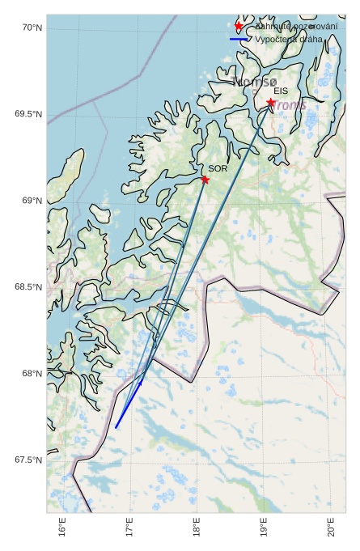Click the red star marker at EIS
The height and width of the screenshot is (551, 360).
[271, 103]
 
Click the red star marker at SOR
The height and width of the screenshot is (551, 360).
[205, 180]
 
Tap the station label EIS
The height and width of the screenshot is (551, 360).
[280, 91]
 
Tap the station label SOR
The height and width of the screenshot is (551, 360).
[218, 168]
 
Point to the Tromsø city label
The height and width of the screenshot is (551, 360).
[254, 81]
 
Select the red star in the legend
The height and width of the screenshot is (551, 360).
[239, 27]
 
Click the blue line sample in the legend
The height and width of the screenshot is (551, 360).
[239, 39]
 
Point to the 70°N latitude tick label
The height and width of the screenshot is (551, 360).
[32, 28]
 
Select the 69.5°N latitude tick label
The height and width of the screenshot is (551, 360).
[28, 114]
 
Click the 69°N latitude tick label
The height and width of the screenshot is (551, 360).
[32, 201]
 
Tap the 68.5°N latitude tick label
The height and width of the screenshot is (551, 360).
[28, 287]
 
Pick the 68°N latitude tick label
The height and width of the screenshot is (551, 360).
[32, 374]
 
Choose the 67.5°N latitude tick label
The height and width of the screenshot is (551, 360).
[28, 460]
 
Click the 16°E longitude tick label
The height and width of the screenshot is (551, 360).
[63, 530]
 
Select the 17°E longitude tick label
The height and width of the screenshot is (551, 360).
[130, 530]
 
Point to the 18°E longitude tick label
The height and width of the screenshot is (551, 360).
[197, 530]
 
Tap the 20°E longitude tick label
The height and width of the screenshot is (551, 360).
[332, 530]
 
